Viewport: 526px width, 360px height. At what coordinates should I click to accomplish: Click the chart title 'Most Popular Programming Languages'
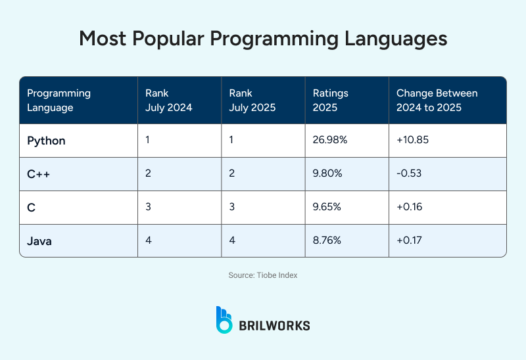point(263,38)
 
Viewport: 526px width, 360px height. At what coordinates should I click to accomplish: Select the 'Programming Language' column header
point(59,101)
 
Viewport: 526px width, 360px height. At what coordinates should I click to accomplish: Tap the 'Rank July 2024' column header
point(168,101)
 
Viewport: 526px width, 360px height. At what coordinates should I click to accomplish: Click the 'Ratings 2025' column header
point(330,101)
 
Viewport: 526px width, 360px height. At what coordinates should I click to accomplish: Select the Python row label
point(46,141)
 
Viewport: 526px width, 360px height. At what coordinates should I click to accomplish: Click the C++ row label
point(38,174)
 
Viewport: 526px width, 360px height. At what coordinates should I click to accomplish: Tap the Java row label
point(39,241)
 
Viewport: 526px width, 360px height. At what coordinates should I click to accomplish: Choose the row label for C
point(31,208)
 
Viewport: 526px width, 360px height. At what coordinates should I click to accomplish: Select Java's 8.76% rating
point(327,241)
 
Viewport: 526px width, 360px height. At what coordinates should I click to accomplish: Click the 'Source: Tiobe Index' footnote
point(263,275)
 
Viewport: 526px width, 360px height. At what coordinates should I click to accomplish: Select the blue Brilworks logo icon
point(224,319)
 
